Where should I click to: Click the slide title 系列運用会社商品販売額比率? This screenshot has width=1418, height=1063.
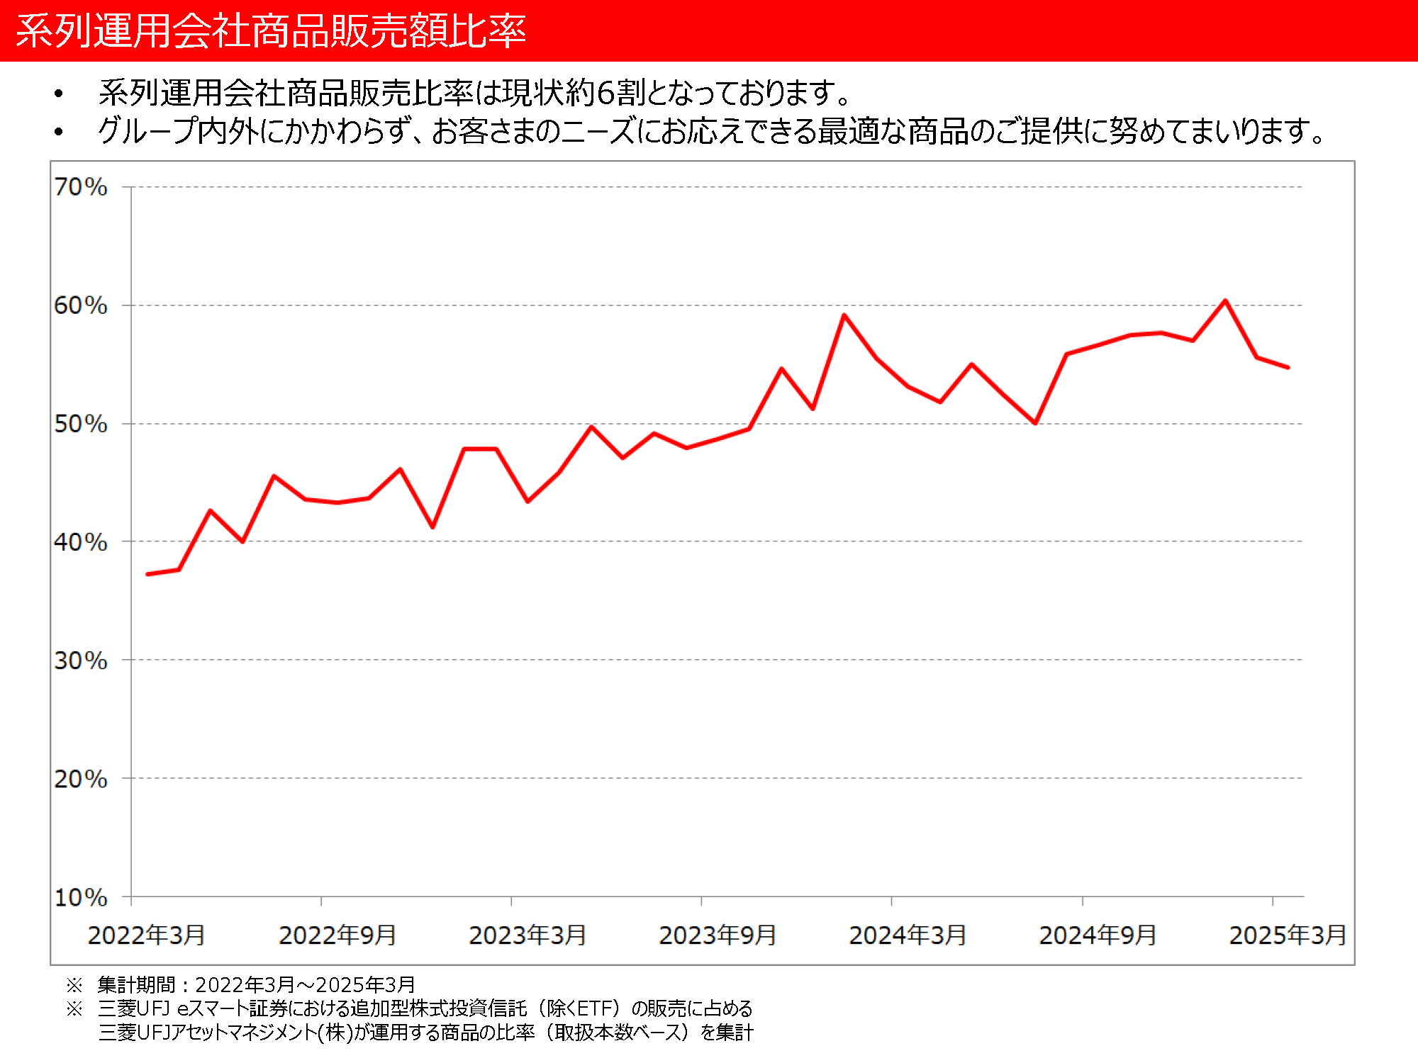(271, 31)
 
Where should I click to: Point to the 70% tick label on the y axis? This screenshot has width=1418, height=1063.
(81, 187)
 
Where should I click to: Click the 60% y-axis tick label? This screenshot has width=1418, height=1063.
(81, 305)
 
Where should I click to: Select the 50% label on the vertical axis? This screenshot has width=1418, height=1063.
(81, 424)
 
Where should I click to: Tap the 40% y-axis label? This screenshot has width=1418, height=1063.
(81, 542)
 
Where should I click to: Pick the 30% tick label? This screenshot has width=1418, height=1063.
(81, 660)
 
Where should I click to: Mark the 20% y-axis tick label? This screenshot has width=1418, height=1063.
(81, 779)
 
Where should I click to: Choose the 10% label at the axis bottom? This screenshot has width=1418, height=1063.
(81, 897)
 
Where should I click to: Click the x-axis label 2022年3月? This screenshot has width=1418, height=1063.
(147, 935)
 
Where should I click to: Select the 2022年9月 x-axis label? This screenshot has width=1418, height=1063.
(337, 935)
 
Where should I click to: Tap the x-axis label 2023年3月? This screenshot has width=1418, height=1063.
(527, 935)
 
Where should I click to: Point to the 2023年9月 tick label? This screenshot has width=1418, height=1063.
(718, 935)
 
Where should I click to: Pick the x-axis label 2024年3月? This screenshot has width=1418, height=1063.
(908, 935)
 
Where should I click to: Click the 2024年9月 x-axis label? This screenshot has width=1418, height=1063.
(1098, 935)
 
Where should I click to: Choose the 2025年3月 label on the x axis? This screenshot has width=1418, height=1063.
(1288, 935)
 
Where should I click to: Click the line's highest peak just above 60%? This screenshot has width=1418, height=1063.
(1225, 301)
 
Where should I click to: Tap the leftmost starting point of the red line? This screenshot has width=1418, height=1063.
(147, 574)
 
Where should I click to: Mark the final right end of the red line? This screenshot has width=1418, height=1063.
(1288, 367)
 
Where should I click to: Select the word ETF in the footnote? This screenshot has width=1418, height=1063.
(598, 1008)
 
